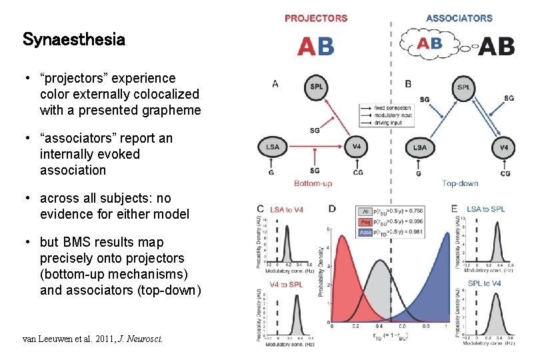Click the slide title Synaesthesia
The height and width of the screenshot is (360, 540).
pyautogui.click(x=73, y=39)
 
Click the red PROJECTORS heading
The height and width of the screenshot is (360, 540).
pyautogui.click(x=315, y=18)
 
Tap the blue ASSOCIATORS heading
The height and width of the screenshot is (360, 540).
pyautogui.click(x=459, y=18)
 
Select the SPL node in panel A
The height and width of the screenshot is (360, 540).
pyautogui.click(x=315, y=86)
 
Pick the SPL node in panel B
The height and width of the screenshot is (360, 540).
pyautogui.click(x=464, y=87)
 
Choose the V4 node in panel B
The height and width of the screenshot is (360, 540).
pyautogui.click(x=503, y=147)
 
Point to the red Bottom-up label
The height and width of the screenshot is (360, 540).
pyautogui.click(x=313, y=183)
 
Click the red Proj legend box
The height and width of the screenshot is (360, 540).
pyautogui.click(x=365, y=221)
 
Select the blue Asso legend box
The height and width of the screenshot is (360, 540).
pyautogui.click(x=365, y=232)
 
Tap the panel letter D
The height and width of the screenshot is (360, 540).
pyautogui.click(x=331, y=209)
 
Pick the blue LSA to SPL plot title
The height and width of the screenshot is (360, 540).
pyautogui.click(x=486, y=209)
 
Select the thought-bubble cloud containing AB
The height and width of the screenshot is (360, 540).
pyautogui.click(x=429, y=44)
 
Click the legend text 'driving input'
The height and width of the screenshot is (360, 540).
pyautogui.click(x=392, y=123)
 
